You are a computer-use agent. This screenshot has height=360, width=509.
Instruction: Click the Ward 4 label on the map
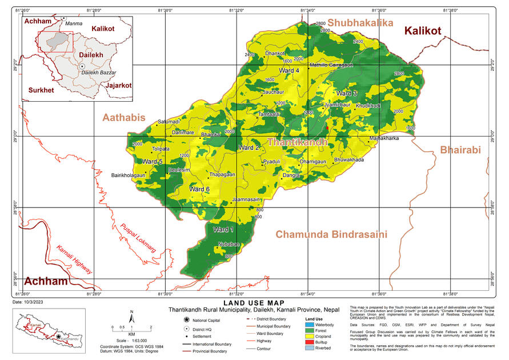pyautogui.click(x=289, y=70)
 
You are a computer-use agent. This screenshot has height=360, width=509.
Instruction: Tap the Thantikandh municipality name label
pyautogui.click(x=297, y=141)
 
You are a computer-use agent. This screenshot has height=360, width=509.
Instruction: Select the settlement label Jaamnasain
pyautogui.click(x=247, y=199)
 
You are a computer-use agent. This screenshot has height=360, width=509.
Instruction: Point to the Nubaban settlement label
pyautogui.click(x=229, y=244)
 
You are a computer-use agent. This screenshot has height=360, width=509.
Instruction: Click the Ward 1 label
pyautogui.click(x=223, y=230)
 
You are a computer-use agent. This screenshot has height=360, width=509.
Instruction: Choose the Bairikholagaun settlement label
pyautogui.click(x=129, y=175)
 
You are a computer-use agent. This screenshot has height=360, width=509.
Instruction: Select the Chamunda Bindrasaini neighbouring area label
pyautogui.click(x=331, y=234)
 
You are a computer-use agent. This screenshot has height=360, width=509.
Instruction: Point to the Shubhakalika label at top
pyautogui.click(x=352, y=23)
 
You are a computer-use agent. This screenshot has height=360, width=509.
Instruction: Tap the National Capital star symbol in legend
pyautogui.click(x=187, y=319)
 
